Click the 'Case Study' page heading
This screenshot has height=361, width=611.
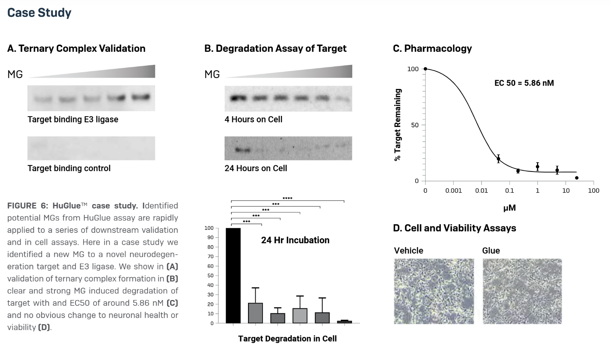(39, 13)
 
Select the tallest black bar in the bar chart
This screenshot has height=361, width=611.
(233, 275)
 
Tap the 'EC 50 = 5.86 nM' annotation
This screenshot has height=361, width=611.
(524, 83)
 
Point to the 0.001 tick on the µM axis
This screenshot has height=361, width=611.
(453, 190)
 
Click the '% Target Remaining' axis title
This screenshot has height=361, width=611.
(398, 125)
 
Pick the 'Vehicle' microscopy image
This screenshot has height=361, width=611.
(434, 291)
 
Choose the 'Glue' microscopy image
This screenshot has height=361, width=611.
(522, 291)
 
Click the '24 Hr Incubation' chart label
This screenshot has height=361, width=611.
(295, 240)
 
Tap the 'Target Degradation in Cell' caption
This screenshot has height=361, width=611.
(287, 339)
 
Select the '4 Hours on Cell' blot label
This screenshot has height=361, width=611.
(253, 119)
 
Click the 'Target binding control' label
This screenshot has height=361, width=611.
(69, 168)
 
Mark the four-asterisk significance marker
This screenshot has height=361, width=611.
(287, 198)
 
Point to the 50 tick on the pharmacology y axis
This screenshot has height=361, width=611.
(415, 125)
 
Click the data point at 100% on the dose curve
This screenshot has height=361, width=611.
(425, 69)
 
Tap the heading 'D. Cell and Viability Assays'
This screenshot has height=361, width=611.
(454, 228)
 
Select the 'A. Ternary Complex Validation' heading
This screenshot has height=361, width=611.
(76, 48)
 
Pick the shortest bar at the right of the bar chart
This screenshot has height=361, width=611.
(344, 321)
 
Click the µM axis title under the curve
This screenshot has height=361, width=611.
(509, 208)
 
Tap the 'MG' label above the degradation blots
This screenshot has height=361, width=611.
(212, 74)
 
